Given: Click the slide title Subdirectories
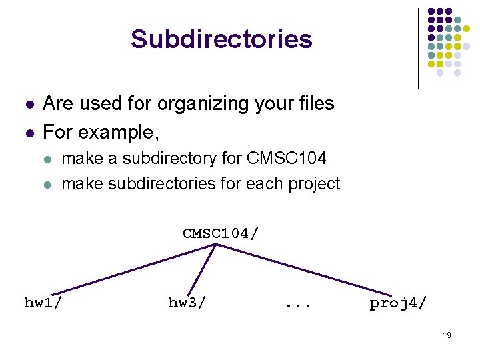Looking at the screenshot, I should click(221, 39).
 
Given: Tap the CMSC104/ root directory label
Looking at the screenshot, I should click(221, 233).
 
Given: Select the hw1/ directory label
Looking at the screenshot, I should click(44, 303).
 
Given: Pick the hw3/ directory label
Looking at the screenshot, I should click(187, 303).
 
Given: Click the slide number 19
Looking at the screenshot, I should click(447, 335).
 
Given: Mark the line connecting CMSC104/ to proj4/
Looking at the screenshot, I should click(303, 269).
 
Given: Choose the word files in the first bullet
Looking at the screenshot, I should click(315, 104).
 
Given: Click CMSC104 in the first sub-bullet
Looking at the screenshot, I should click(287, 159).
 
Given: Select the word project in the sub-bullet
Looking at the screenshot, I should click(315, 184).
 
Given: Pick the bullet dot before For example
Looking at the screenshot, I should click(27, 133).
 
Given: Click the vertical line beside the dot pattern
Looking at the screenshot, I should click(418, 48).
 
